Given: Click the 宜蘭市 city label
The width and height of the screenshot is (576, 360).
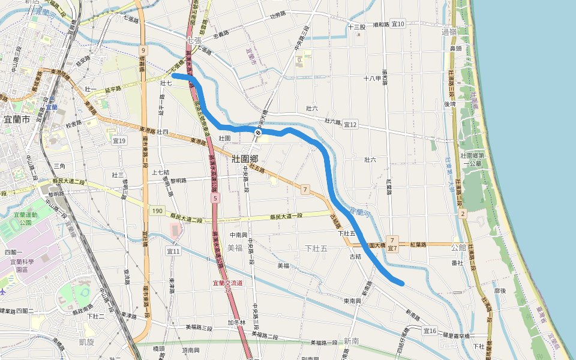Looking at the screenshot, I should [17, 119].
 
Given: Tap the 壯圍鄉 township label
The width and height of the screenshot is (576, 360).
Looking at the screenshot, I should [245, 158].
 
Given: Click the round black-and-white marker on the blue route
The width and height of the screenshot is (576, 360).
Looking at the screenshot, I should [257, 132].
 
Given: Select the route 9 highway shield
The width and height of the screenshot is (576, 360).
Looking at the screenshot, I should [143, 50].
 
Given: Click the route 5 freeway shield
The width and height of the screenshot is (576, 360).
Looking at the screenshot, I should [215, 197].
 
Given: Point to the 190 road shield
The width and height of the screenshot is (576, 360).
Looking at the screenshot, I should [157, 211].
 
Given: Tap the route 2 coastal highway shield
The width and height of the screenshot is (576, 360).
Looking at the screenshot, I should [463, 213].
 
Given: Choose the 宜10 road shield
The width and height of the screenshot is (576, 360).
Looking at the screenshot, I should [398, 24].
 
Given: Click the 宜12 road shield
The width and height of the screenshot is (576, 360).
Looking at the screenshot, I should [350, 124].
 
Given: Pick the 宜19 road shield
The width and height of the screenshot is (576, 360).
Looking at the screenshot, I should [119, 140].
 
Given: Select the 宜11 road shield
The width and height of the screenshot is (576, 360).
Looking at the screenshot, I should [173, 251].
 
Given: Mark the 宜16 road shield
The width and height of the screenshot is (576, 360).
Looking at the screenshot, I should [430, 331].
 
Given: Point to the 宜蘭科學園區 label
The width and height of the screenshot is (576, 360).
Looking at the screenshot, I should [22, 266].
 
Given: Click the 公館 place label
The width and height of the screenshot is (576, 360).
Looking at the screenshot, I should [458, 247].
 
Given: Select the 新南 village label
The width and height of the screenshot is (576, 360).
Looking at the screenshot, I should [352, 341].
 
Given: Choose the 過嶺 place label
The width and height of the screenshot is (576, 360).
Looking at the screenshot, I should [448, 31].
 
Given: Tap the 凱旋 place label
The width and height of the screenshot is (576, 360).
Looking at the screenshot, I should [87, 342].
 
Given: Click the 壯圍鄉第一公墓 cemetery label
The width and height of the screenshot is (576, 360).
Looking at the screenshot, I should [472, 159].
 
